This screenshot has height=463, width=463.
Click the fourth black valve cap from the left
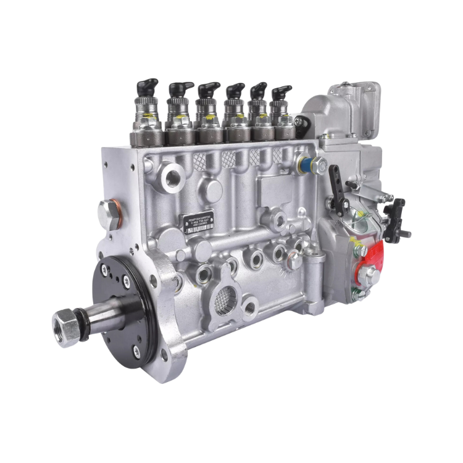click(233, 92)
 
